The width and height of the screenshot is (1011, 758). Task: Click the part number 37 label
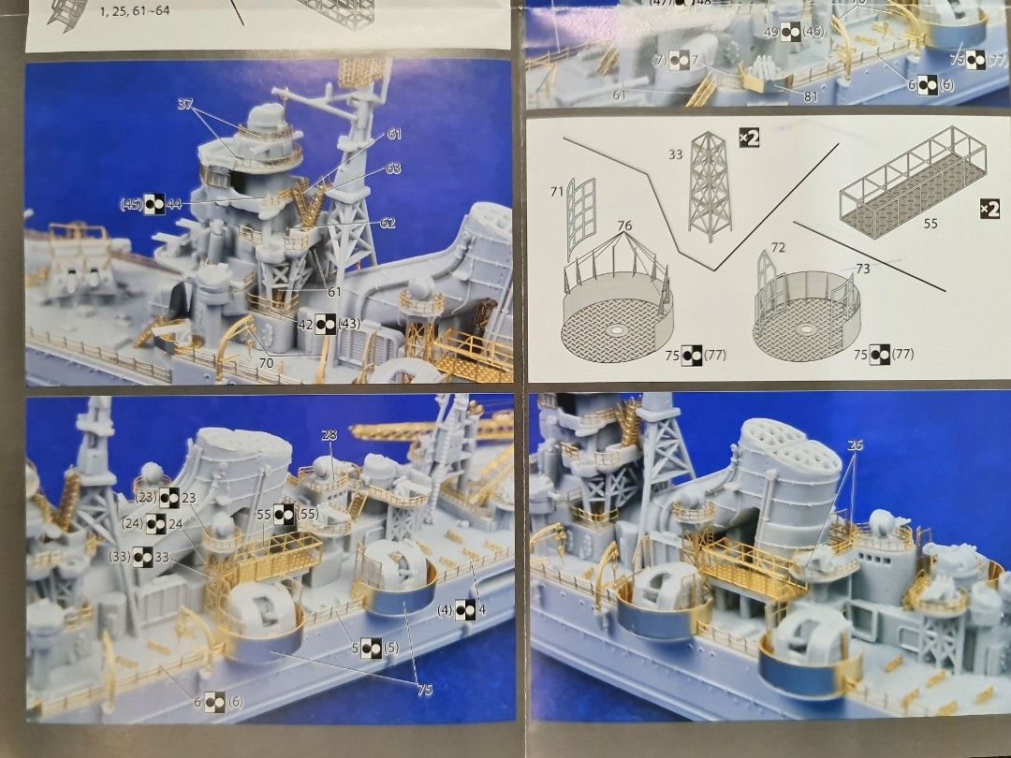point(184,104)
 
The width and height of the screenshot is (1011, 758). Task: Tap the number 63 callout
point(392,169)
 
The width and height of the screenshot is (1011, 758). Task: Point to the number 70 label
point(266,363)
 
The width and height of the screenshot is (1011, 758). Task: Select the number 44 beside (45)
point(175,203)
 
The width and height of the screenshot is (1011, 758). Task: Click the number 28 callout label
point(329,435)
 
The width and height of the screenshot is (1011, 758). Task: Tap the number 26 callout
point(854,445)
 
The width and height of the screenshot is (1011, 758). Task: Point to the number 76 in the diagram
point(624,226)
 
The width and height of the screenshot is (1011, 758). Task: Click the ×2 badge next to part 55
point(987,207)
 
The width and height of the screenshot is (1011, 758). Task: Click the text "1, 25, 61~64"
point(136,12)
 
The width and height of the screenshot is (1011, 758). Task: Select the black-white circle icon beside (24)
point(155,526)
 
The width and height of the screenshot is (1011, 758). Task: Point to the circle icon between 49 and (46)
point(790,32)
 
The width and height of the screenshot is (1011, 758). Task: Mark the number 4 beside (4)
point(482,609)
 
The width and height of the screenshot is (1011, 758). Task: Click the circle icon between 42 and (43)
point(325,323)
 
